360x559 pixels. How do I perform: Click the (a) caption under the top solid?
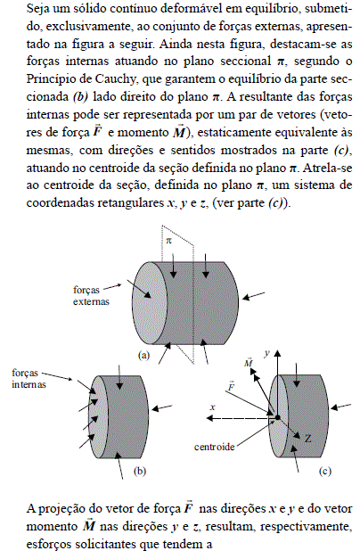(142, 354)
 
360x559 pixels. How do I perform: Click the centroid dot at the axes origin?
(278, 417)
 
